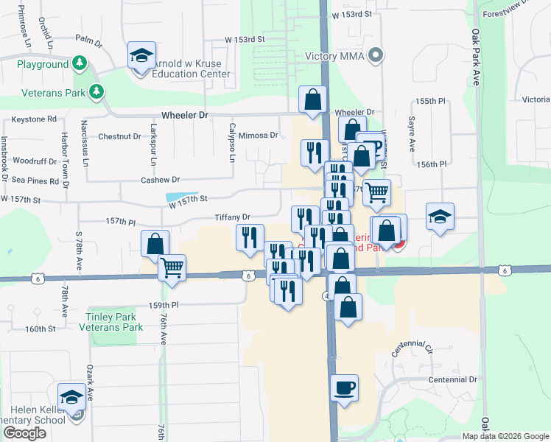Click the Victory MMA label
click(337, 55)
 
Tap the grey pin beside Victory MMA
click(376, 55)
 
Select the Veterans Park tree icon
click(96, 91)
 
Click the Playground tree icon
click(79, 65)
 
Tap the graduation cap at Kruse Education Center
click(141, 55)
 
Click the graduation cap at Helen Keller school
click(72, 396)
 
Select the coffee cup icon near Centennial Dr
click(343, 387)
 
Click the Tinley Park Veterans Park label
click(114, 322)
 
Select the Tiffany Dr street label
click(233, 217)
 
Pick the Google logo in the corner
click(24, 433)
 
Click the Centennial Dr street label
click(453, 379)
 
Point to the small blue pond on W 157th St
click(177, 197)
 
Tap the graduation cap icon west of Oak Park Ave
click(440, 217)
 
